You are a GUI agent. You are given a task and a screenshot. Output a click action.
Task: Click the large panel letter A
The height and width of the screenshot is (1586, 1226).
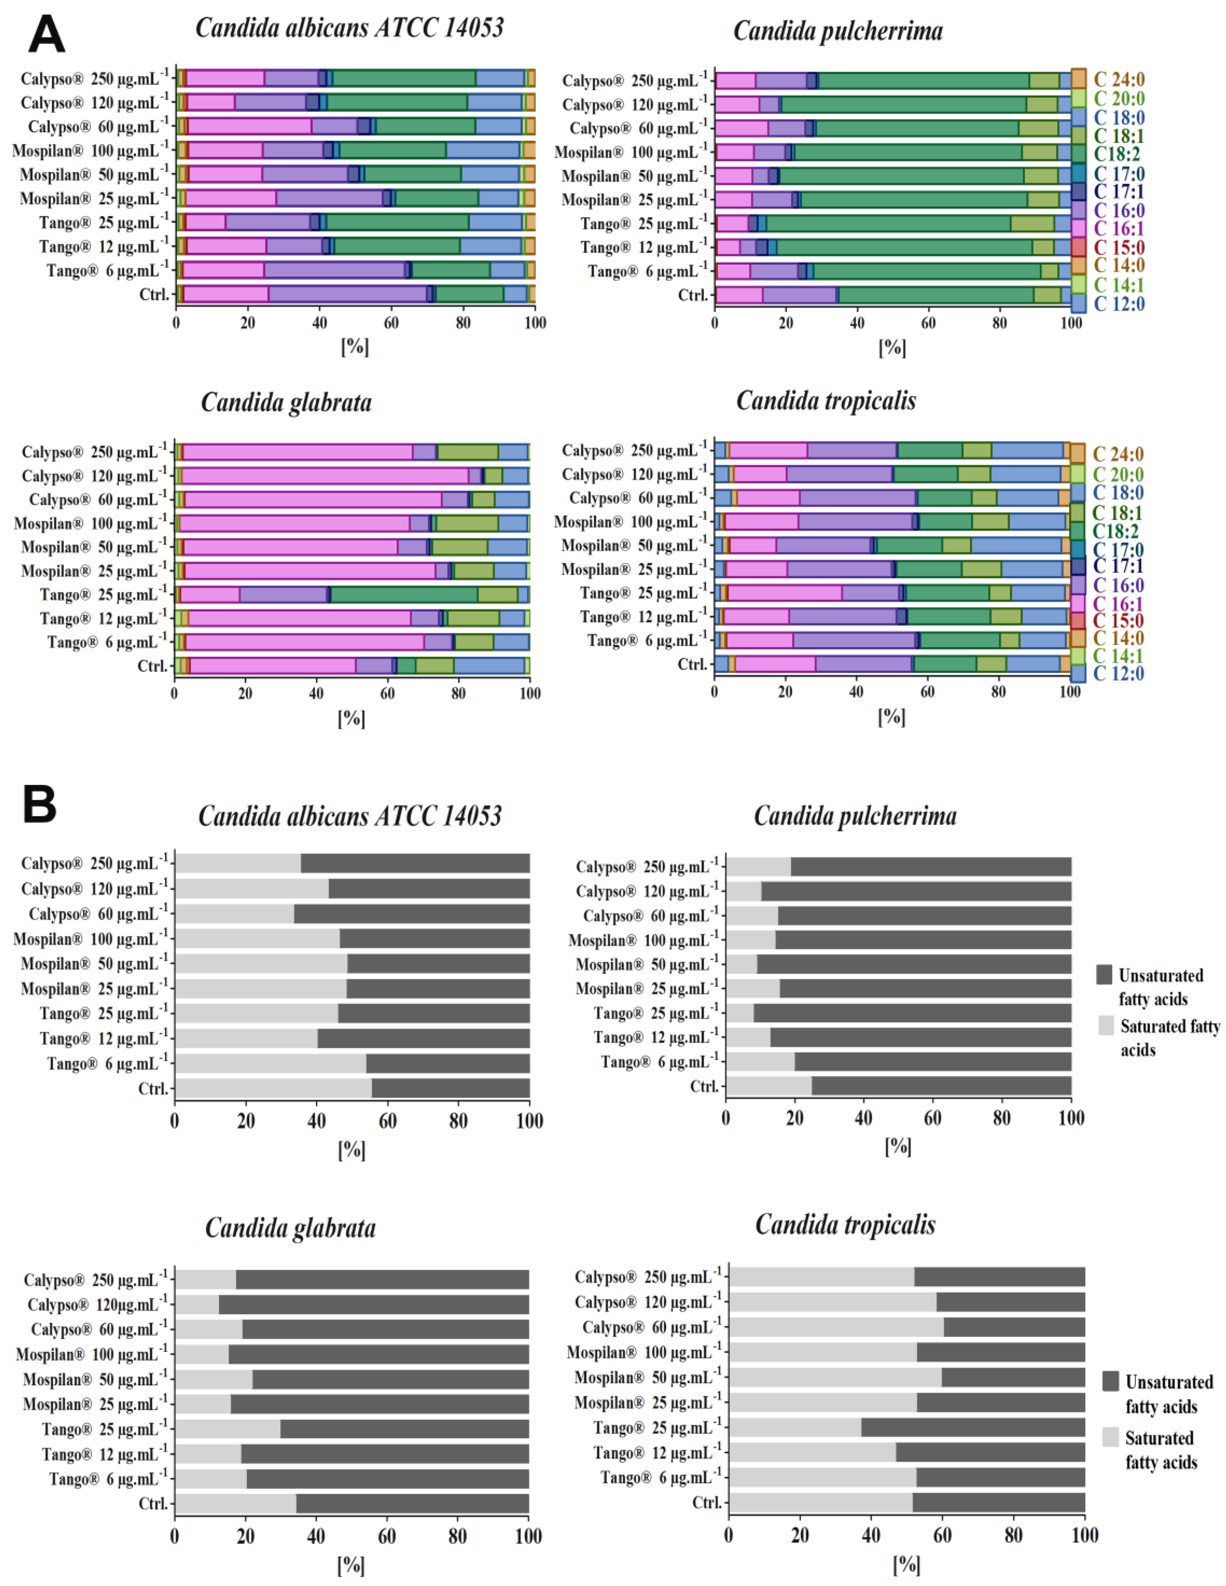[46, 35]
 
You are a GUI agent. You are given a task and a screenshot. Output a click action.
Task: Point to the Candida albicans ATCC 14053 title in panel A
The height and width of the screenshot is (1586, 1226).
[349, 28]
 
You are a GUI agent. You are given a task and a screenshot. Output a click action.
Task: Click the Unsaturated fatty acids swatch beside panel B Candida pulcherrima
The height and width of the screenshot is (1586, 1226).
[1105, 975]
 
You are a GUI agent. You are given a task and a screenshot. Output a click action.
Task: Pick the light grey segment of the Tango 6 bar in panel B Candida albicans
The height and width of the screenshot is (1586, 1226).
[271, 1063]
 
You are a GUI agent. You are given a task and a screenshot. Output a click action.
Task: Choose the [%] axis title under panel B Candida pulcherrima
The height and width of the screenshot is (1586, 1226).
[898, 1146]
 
